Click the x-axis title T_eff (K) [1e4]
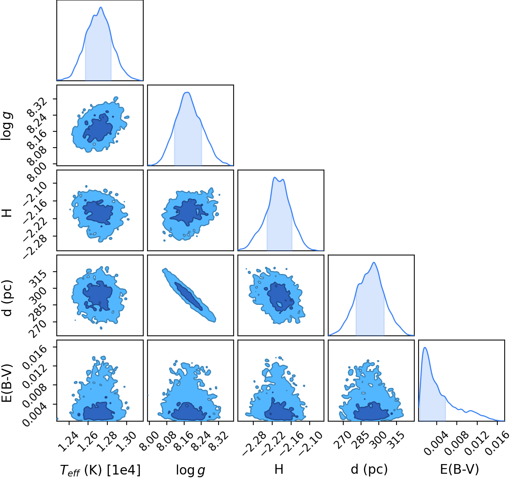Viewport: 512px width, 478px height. point(100,470)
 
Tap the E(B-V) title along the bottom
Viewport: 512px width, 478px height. point(459,469)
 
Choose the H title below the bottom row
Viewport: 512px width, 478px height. point(279,469)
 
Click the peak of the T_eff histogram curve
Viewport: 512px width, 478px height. point(101,7)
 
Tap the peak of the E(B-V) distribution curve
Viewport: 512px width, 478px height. point(425,347)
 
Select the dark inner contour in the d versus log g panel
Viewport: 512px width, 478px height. point(189,296)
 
